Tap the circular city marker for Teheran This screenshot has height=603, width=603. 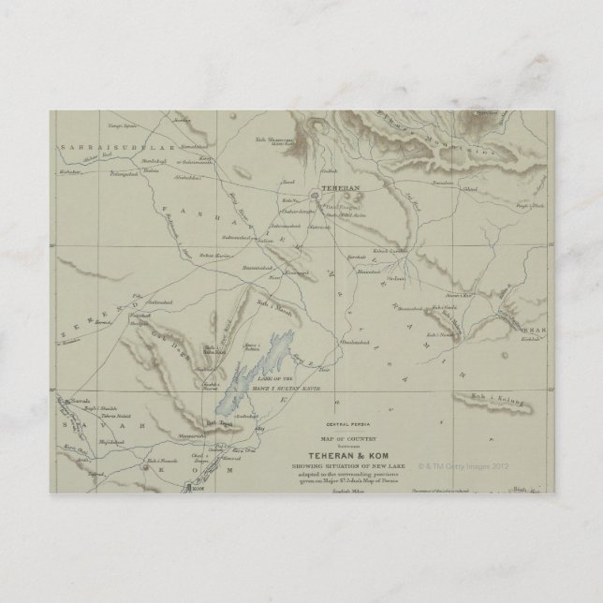(315, 195)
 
